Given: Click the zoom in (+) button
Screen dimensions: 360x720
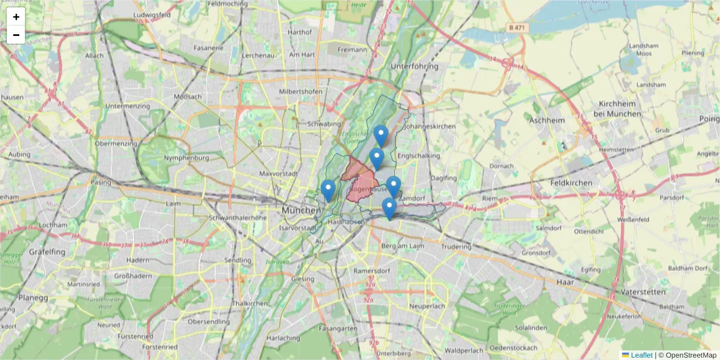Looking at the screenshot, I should click(x=16, y=17).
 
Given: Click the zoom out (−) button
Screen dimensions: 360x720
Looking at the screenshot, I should click(x=16, y=35).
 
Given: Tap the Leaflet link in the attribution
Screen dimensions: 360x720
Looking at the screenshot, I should click(x=641, y=355).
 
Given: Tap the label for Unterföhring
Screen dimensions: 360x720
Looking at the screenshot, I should click(x=414, y=66).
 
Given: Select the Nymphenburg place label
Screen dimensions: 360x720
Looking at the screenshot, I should click(x=186, y=158).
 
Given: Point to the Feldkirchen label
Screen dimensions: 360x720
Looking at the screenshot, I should click(x=571, y=182).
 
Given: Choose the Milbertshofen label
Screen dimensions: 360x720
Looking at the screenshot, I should click(x=301, y=91).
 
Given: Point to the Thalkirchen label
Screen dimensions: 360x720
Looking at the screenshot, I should click(x=250, y=304).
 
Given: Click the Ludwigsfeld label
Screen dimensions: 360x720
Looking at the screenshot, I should click(x=153, y=14).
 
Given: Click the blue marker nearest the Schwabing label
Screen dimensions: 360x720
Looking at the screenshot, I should click(x=380, y=134).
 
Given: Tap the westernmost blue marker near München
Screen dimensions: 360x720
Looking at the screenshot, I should click(x=328, y=190).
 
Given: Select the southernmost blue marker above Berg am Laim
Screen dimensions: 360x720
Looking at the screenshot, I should click(x=389, y=208).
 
